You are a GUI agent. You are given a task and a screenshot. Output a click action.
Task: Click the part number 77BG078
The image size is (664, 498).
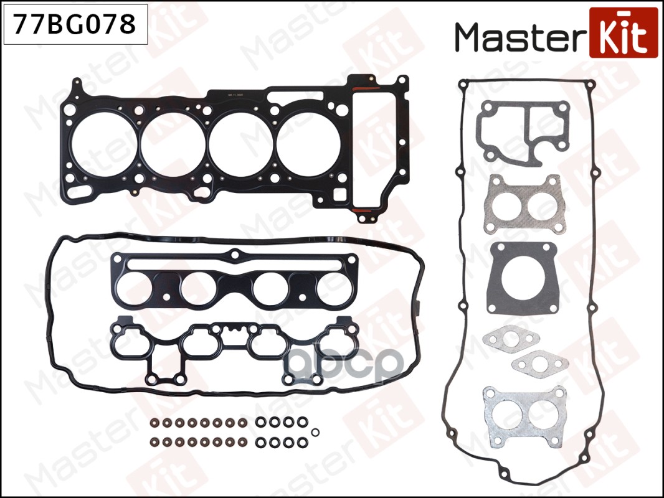click(75, 24)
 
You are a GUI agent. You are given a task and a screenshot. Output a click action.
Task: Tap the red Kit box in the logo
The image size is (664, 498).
click(623, 32)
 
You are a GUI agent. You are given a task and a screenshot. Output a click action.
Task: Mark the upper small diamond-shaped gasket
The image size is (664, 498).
click(505, 339)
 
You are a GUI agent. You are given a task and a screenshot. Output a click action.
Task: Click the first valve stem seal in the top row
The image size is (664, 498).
click(155, 423)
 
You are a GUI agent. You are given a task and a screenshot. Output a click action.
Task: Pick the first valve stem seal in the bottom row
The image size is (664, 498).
click(155, 444)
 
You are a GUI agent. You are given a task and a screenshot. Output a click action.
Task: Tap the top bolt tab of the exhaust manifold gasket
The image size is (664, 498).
click(235, 253)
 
